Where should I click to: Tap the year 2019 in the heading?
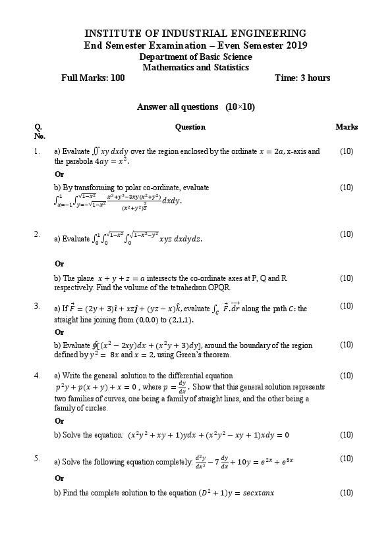coord(294,45)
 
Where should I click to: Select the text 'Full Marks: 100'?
coord(93,78)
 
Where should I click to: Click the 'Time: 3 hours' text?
coord(302,78)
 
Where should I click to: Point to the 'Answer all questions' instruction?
coord(177,107)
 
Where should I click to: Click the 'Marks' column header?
coord(346,127)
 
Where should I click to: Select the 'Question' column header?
coord(190,127)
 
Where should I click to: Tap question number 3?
coord(37,306)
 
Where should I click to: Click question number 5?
coord(37,458)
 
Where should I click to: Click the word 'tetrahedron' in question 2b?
coord(196,288)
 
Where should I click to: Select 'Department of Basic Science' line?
coord(196,57)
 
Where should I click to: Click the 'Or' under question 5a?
coord(59,478)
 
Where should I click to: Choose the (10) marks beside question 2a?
coord(347,234)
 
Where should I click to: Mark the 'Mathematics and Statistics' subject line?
coord(196,67)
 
